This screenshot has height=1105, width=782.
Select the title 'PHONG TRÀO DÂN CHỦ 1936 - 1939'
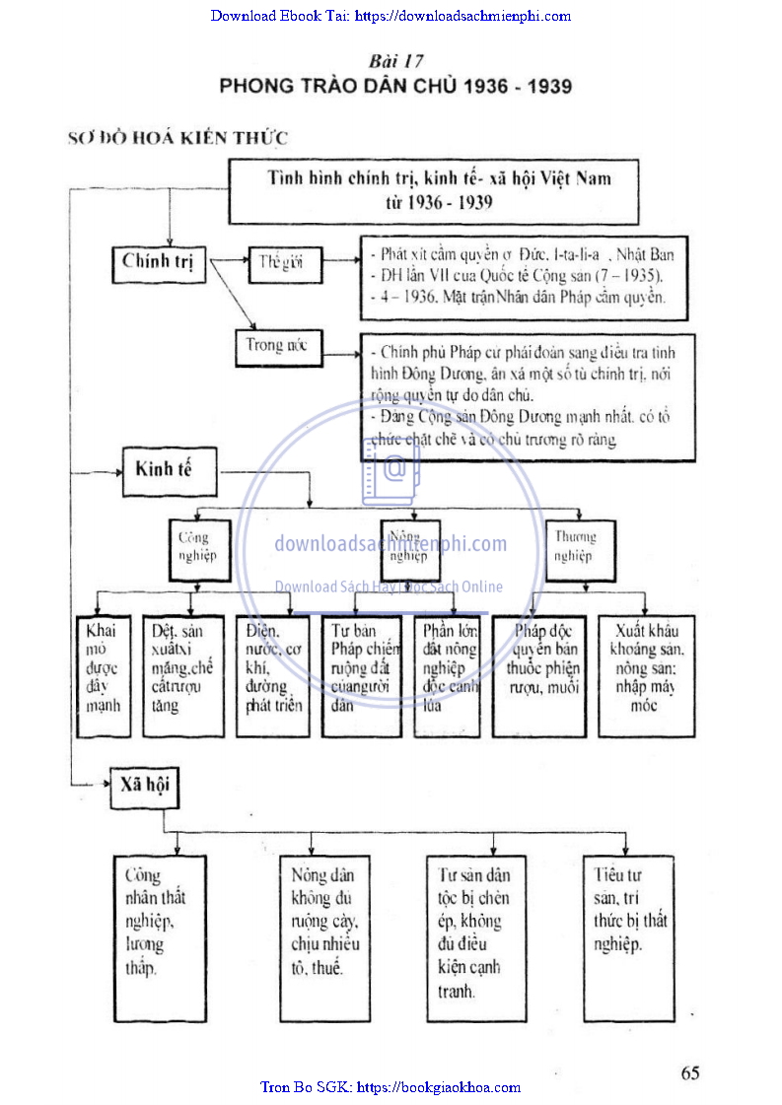pyautogui.click(x=395, y=86)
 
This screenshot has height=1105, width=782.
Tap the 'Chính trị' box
pyautogui.click(x=158, y=262)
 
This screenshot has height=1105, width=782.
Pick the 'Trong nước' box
pyautogui.click(x=278, y=346)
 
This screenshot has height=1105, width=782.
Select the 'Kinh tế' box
pyautogui.click(x=164, y=468)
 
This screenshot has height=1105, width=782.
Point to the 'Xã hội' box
pyautogui.click(x=146, y=787)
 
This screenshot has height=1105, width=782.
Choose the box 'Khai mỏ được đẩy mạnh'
pyautogui.click(x=104, y=675)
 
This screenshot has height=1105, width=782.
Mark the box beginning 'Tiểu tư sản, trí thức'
pyautogui.click(x=630, y=937)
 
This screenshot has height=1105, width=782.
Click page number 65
pyautogui.click(x=689, y=1072)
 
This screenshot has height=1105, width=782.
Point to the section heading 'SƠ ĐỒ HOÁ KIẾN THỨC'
pyautogui.click(x=178, y=138)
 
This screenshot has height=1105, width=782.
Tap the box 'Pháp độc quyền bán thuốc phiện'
pyautogui.click(x=539, y=675)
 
